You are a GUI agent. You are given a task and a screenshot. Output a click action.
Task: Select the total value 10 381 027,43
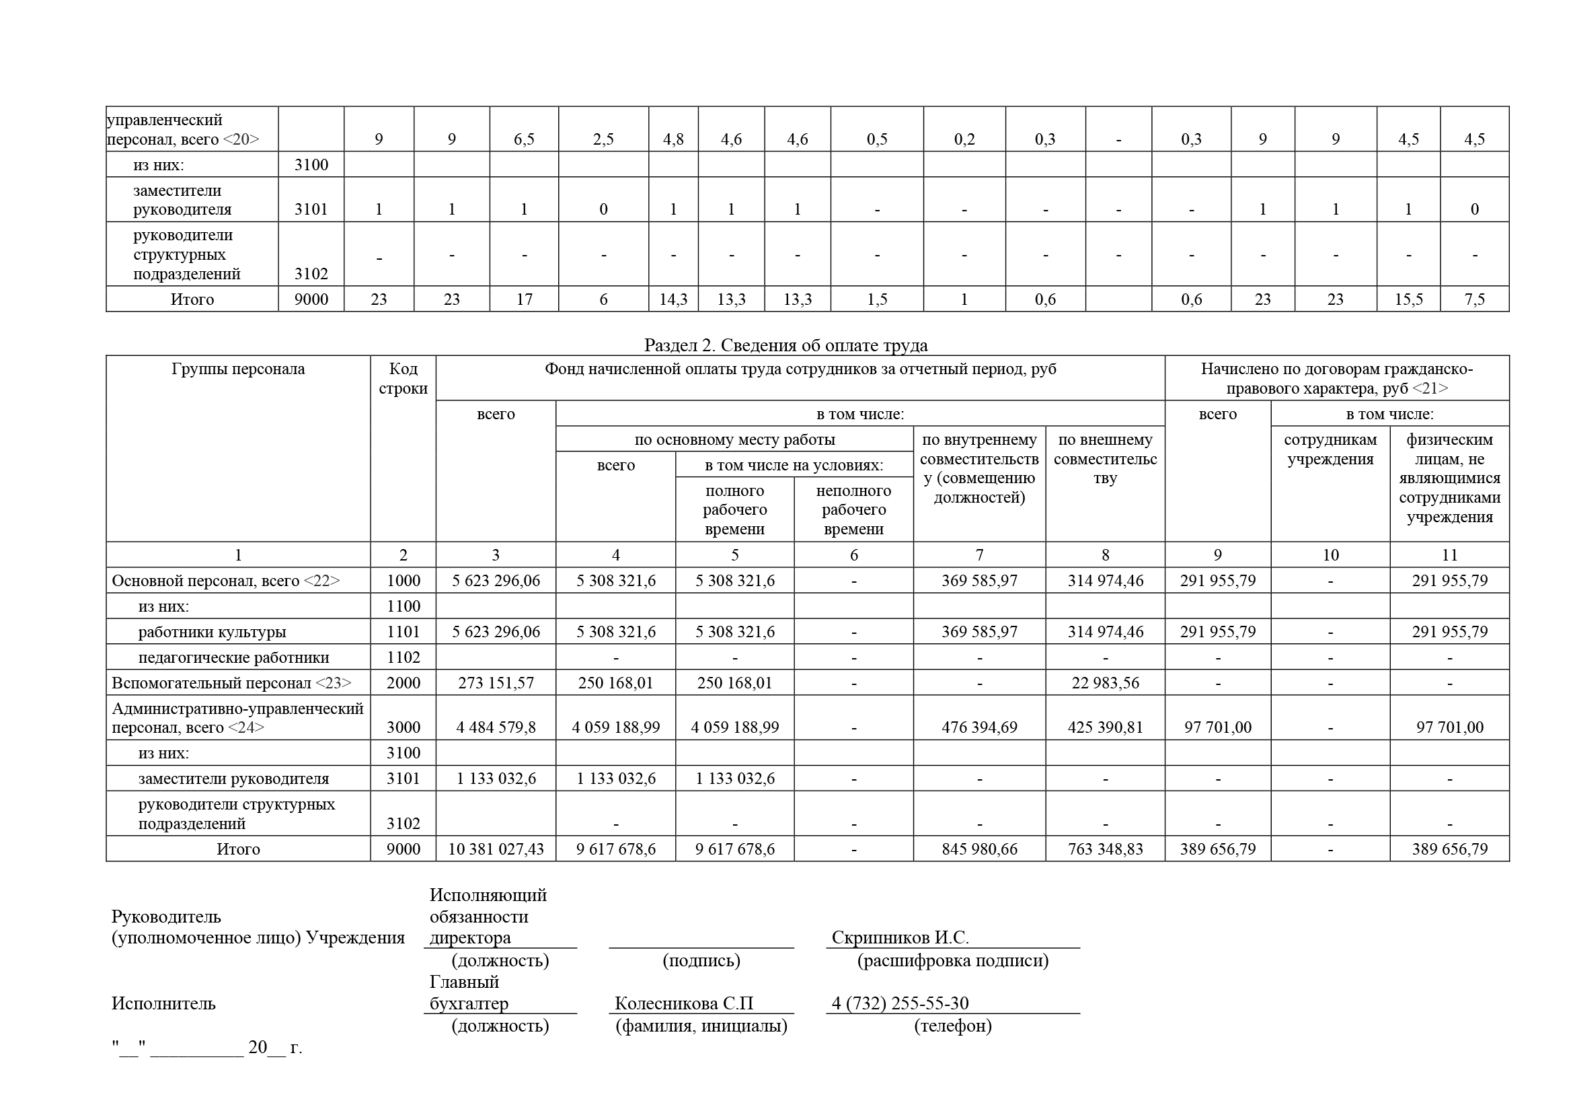point(496,849)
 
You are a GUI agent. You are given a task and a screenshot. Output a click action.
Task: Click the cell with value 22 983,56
point(1104,683)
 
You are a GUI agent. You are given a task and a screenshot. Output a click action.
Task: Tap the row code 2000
point(403,683)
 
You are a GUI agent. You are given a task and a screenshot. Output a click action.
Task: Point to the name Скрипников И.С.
point(900,937)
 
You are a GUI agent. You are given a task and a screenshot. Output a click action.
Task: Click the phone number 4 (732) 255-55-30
point(900,1003)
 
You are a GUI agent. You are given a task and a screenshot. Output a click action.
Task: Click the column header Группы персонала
point(237,369)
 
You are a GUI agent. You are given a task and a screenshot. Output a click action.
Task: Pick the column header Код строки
point(403,378)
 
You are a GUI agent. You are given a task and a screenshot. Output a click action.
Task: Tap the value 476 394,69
point(979,727)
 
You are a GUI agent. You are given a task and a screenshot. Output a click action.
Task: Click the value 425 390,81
point(1104,727)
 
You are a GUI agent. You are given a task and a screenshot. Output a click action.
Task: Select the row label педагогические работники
point(233,658)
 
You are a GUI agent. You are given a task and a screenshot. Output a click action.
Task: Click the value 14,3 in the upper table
point(673,299)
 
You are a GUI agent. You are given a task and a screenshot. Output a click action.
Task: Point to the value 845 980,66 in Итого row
point(979,849)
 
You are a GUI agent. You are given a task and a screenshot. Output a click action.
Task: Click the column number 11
point(1449,555)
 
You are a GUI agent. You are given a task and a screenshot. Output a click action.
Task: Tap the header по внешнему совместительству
point(1104,458)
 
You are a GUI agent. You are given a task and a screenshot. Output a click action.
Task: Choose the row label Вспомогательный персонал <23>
point(231,683)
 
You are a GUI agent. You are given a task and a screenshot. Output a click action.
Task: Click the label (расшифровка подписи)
point(952,960)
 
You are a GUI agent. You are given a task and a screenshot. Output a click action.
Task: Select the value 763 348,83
point(1104,849)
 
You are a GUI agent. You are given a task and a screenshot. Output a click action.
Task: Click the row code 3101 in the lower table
point(403,779)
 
